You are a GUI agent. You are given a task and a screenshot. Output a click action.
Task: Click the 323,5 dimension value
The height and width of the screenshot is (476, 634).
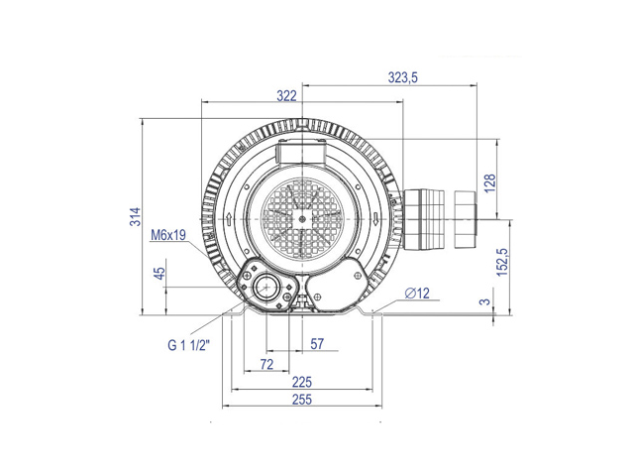[403, 77]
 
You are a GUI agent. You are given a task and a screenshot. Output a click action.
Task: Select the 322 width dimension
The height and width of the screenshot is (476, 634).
[286, 96]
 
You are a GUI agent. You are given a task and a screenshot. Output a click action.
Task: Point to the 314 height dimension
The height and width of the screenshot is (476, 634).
[135, 216]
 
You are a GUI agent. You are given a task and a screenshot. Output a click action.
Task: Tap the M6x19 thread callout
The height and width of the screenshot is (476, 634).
[168, 235]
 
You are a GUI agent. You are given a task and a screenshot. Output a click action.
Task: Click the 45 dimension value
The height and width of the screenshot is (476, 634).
[160, 274]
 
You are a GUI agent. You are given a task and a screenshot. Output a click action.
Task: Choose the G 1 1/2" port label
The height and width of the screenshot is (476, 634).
[189, 345]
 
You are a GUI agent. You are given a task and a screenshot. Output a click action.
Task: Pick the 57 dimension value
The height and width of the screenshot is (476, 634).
[317, 344]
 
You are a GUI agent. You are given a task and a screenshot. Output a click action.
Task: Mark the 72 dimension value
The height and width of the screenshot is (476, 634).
[266, 364]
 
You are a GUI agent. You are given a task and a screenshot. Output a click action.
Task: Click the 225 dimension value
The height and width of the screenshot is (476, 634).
[302, 382]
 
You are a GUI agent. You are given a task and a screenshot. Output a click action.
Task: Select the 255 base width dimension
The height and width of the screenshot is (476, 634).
[302, 400]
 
